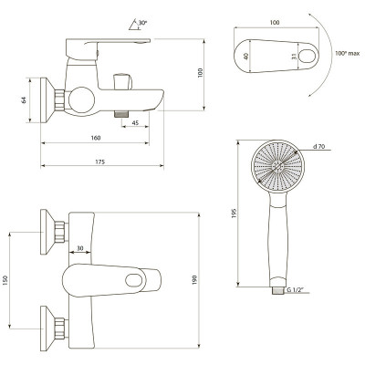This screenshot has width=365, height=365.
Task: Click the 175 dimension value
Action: click(x=99, y=162)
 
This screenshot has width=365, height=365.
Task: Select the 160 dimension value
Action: click(x=96, y=138)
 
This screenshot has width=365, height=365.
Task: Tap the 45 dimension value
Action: click(x=136, y=123)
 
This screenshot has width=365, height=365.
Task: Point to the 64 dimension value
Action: click(x=24, y=99)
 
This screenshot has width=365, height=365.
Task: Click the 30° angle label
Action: click(x=142, y=23)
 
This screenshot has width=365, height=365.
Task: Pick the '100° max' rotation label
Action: click(x=348, y=53)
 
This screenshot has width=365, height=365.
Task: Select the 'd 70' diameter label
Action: click(x=318, y=146)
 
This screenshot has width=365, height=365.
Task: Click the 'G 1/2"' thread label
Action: click(x=294, y=290)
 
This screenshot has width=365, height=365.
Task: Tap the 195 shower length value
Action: click(x=234, y=214)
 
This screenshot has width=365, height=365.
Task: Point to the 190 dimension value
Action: click(x=194, y=280)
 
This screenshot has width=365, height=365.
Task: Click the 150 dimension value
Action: click(x=5, y=280)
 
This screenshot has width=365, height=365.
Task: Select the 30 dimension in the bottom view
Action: click(x=80, y=248)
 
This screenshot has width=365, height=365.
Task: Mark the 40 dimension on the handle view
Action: click(x=246, y=57)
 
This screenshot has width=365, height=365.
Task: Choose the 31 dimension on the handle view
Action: click(x=294, y=57)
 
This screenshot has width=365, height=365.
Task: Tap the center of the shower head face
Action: click(x=277, y=166)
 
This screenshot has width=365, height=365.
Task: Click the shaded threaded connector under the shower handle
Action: click(x=277, y=290)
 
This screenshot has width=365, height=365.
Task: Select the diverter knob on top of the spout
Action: click(x=122, y=81)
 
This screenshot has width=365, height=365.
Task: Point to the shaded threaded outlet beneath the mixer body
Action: click(x=121, y=114)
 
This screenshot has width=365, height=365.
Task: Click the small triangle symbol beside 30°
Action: click(x=134, y=25)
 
